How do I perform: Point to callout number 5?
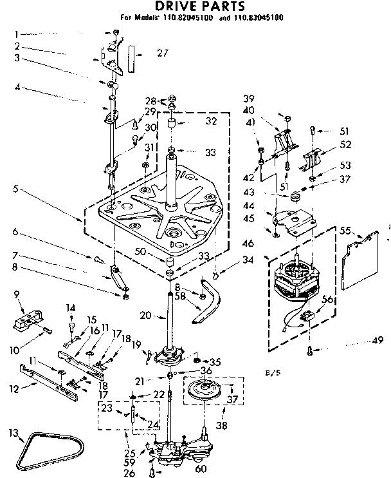pos(14,189)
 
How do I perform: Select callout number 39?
pos(248,98)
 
